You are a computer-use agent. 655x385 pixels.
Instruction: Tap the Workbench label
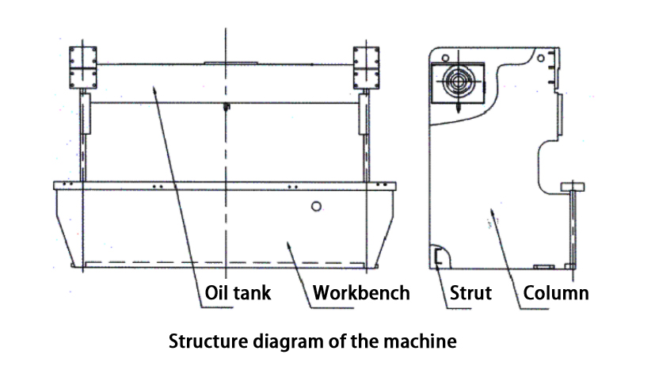[x=361, y=293]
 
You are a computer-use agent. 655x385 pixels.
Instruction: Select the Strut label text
[x=471, y=293]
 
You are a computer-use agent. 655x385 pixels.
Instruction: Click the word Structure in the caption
[x=208, y=343]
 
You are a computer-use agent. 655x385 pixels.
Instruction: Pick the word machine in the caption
[x=425, y=343]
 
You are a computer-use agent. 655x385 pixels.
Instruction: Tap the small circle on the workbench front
[x=316, y=207]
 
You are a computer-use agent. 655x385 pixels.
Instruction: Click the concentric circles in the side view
[x=458, y=81]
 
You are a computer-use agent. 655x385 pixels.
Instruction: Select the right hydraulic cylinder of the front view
[x=364, y=115]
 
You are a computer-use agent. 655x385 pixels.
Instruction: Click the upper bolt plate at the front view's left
[x=82, y=57]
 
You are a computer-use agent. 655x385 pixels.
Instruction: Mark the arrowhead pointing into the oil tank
[x=155, y=90]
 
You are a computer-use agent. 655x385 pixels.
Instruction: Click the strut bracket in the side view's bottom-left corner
[x=437, y=255]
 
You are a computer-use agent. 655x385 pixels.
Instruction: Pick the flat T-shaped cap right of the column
[x=573, y=186]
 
